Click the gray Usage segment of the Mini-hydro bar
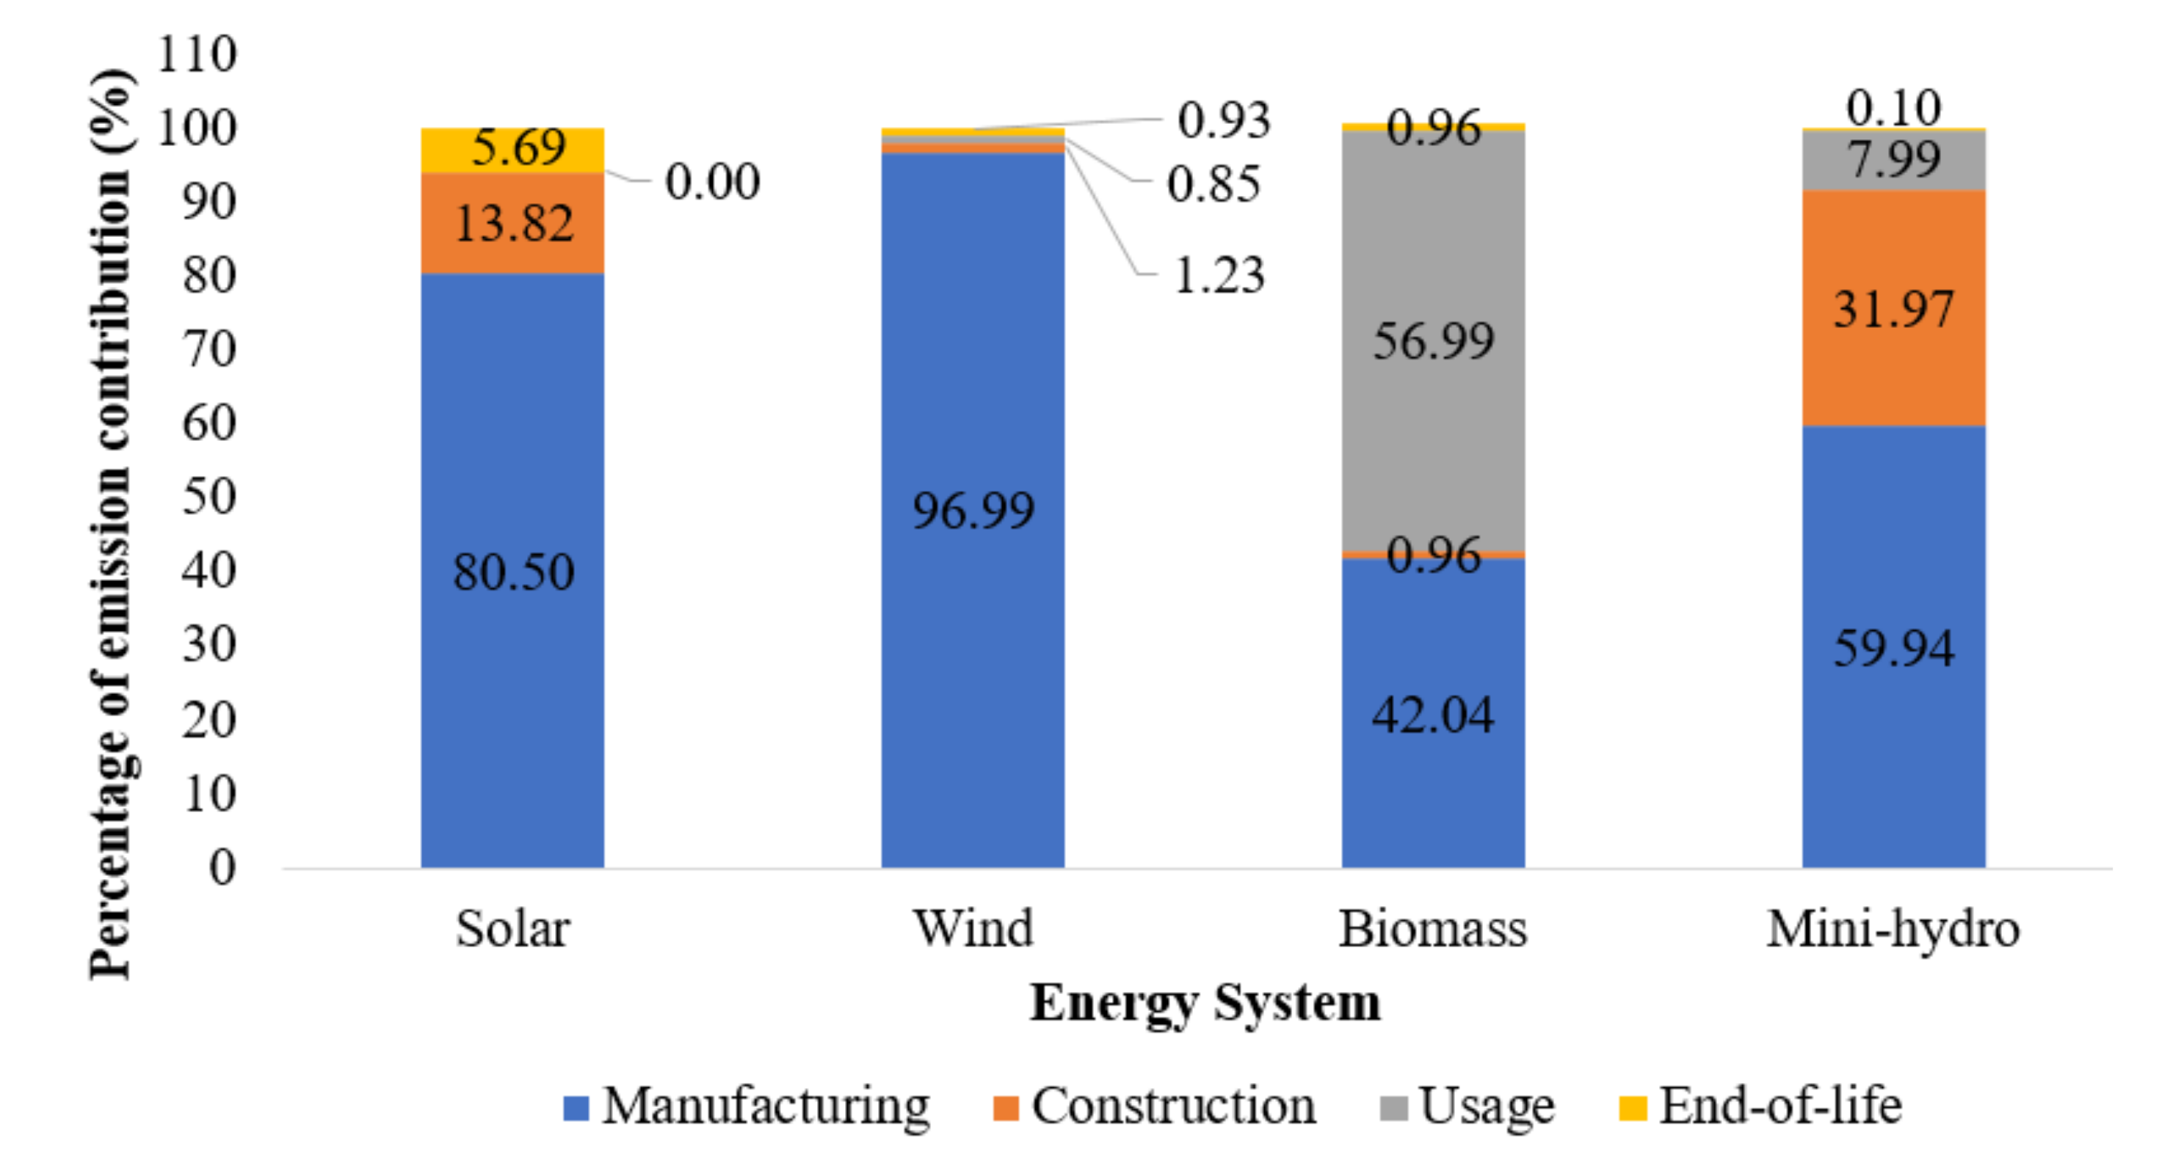tap(1893, 160)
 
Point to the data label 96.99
tap(973, 510)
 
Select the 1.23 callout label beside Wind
tap(1218, 275)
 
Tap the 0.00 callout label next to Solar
tap(712, 181)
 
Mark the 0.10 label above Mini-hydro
tap(1893, 107)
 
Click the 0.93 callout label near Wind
tap(1223, 120)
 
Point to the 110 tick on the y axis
tap(197, 54)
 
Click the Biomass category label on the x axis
tap(1432, 929)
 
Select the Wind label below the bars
tap(973, 929)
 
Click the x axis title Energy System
tap(1205, 1003)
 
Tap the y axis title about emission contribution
tap(112, 523)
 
